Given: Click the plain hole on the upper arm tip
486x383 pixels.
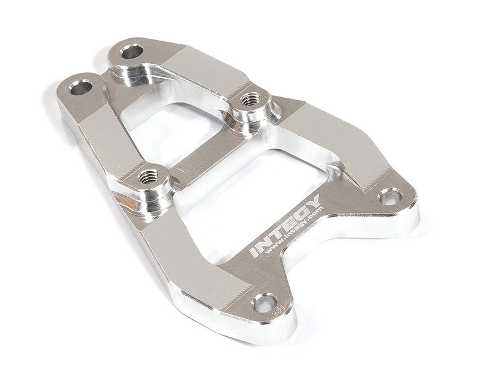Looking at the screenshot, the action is pyautogui.click(x=132, y=51).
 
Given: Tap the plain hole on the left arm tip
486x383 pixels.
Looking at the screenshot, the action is pyautogui.click(x=81, y=88).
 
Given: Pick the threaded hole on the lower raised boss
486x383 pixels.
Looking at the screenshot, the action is pyautogui.click(x=148, y=177).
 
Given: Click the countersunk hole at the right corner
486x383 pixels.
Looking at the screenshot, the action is pyautogui.click(x=392, y=198).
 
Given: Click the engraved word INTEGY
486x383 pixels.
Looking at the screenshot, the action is pyautogui.click(x=285, y=226).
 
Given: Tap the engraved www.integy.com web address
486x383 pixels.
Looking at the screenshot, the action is pyautogui.click(x=295, y=231).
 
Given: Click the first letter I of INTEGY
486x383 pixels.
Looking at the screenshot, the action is pyautogui.click(x=255, y=251).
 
